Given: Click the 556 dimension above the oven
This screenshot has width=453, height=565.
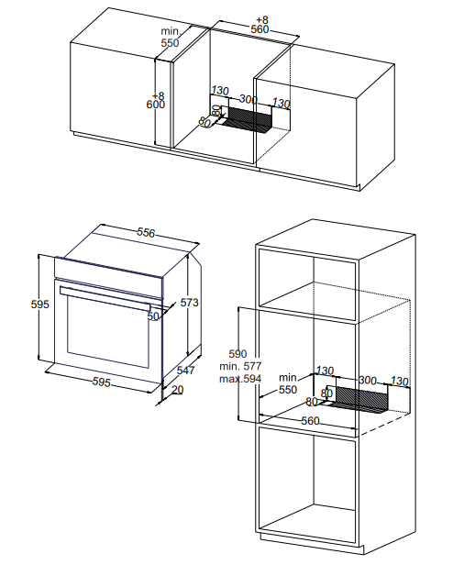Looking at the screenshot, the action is pyautogui.click(x=146, y=233).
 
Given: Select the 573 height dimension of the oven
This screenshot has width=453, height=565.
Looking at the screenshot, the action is pyautogui.click(x=189, y=303).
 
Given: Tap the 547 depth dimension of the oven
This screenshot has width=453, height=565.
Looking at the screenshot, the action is pyautogui.click(x=185, y=370).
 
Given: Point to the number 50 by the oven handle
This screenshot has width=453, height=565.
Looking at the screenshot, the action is pyautogui.click(x=153, y=316).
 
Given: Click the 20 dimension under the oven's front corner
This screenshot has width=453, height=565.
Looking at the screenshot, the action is pyautogui.click(x=177, y=390).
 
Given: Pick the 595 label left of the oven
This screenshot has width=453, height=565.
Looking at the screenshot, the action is pyautogui.click(x=39, y=305).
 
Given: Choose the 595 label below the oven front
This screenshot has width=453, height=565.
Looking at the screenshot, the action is pyautogui.click(x=101, y=382).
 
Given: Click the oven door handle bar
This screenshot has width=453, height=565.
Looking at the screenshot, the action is pyautogui.click(x=105, y=297).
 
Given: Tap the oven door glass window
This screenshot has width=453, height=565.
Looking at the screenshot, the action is pyautogui.click(x=108, y=330).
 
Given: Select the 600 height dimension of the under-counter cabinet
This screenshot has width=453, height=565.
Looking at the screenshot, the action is pyautogui.click(x=156, y=105).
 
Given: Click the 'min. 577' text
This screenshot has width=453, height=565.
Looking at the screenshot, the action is pyautogui.click(x=240, y=367).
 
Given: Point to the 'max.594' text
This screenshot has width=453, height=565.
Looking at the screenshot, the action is pyautogui.click(x=240, y=379).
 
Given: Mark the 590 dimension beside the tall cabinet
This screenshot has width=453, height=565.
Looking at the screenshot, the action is pyautogui.click(x=238, y=354).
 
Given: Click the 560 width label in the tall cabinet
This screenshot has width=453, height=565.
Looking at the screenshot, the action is pyautogui.click(x=310, y=420).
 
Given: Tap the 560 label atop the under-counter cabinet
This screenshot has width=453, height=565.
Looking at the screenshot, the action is pyautogui.click(x=260, y=29).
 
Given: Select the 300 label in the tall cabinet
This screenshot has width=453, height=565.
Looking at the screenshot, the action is pyautogui.click(x=368, y=381).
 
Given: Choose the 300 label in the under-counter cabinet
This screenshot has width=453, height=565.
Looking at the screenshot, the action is pyautogui.click(x=249, y=99).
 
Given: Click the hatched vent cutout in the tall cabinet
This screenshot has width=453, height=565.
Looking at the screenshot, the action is pyautogui.click(x=362, y=399).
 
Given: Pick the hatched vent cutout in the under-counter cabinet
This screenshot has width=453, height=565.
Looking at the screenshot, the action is pyautogui.click(x=249, y=119).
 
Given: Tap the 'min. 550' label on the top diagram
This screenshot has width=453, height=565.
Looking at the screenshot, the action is pyautogui.click(x=170, y=37).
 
